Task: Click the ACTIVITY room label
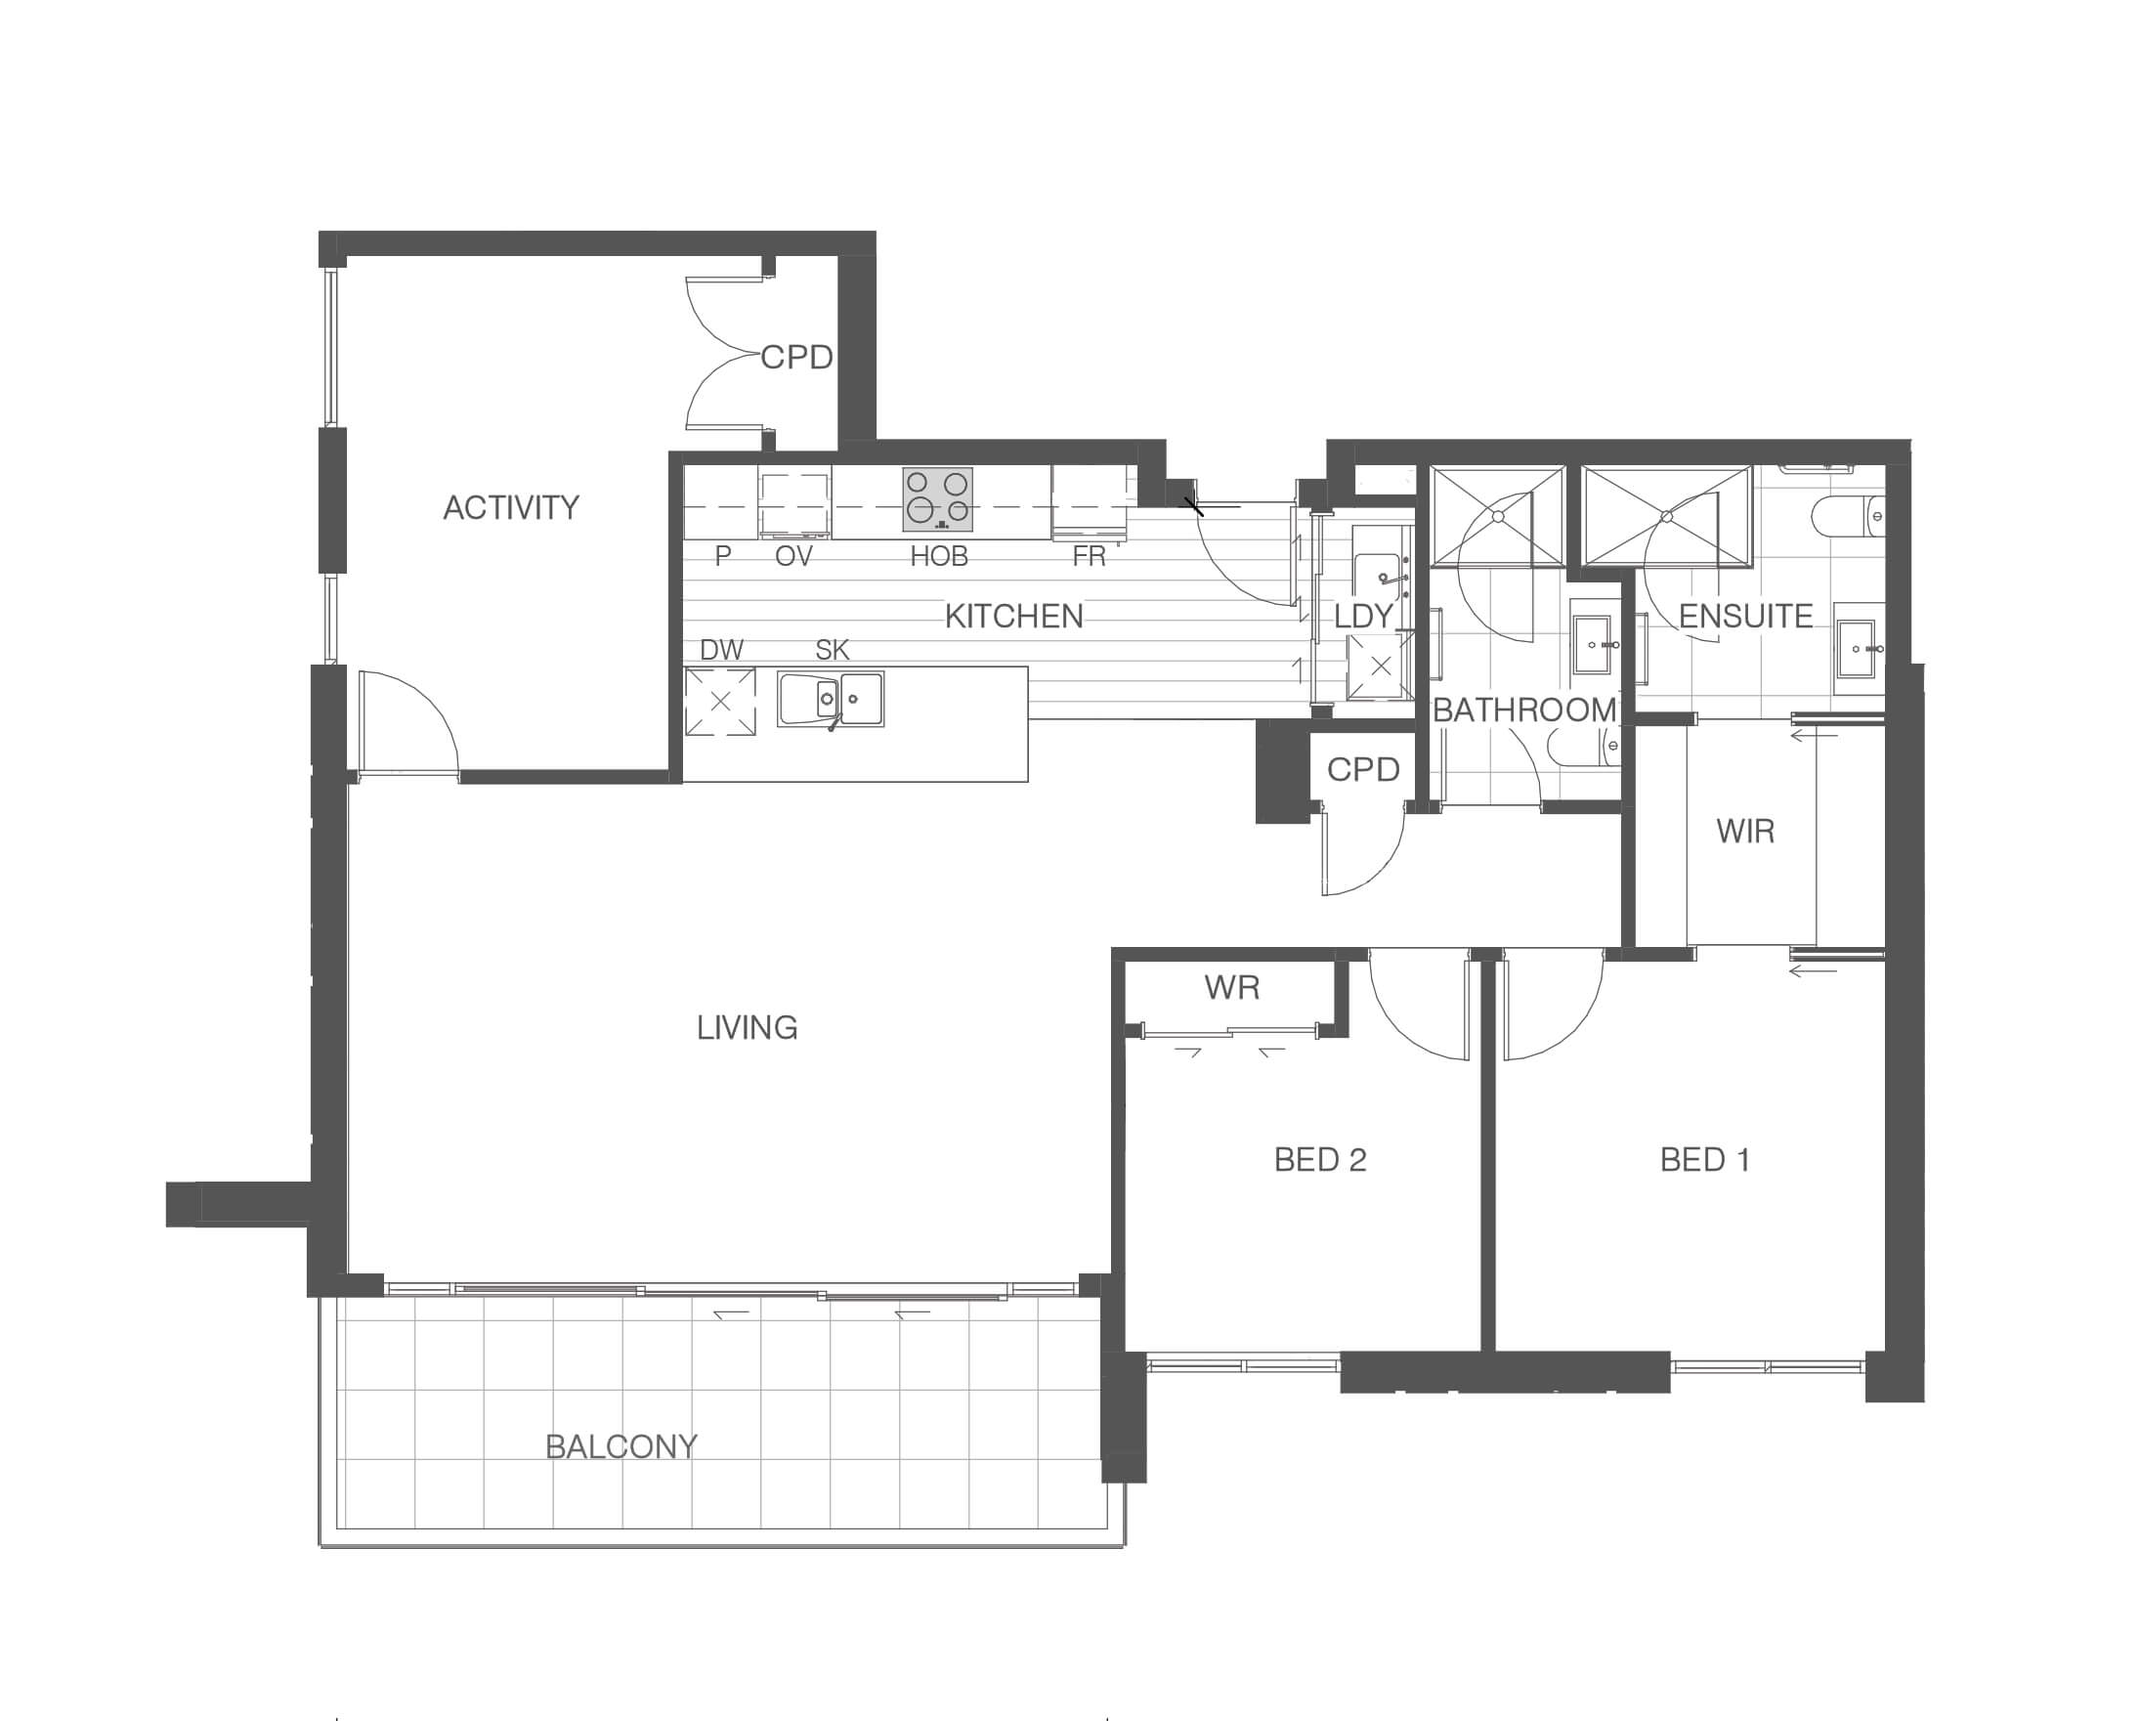511,508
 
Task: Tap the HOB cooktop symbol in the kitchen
937,499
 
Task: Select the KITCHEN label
1013,617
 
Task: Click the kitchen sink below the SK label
831,700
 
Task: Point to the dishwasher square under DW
720,702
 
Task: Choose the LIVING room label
748,1027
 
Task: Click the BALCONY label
621,1446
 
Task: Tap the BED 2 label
1320,1159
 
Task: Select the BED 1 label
1705,1159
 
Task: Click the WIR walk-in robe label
1745,831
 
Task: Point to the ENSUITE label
1746,617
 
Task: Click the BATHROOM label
1524,710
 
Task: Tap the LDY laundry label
1364,617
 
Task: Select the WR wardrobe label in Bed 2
1232,986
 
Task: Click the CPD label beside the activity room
796,358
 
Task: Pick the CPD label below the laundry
1363,769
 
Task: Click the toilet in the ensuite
1848,517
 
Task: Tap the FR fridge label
1089,556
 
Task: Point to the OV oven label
793,556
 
